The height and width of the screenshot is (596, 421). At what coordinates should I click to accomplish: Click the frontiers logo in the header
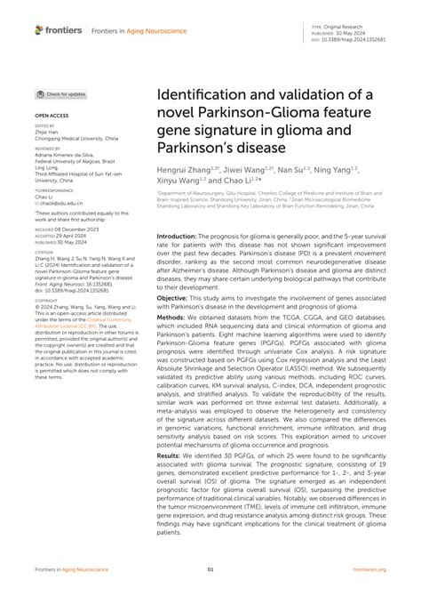tap(59, 30)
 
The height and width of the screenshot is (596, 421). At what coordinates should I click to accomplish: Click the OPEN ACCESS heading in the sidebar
tap(51, 117)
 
